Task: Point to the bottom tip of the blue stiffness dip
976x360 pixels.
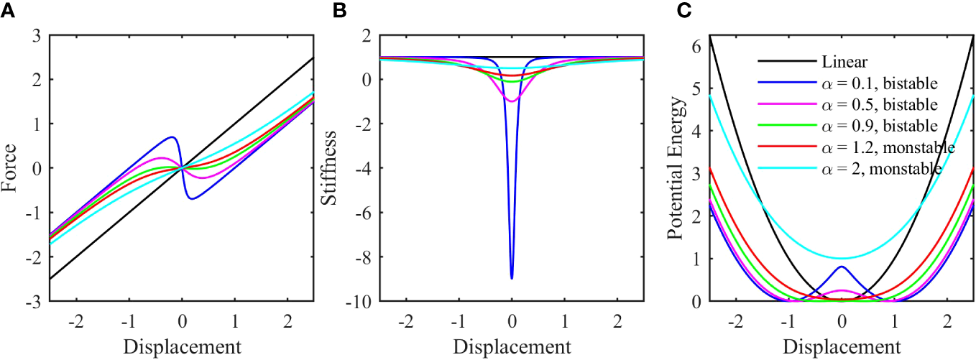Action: pyautogui.click(x=512, y=278)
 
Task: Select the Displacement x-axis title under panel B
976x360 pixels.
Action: pyautogui.click(x=512, y=346)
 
